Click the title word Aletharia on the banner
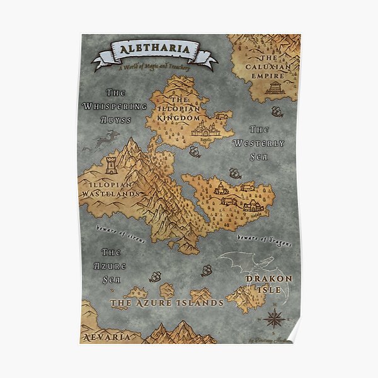pyautogui.click(x=154, y=50)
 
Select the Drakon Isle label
pyautogui.click(x=268, y=283)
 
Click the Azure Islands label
pyautogui.click(x=167, y=303)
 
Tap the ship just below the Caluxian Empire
pyautogui.click(x=276, y=112)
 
